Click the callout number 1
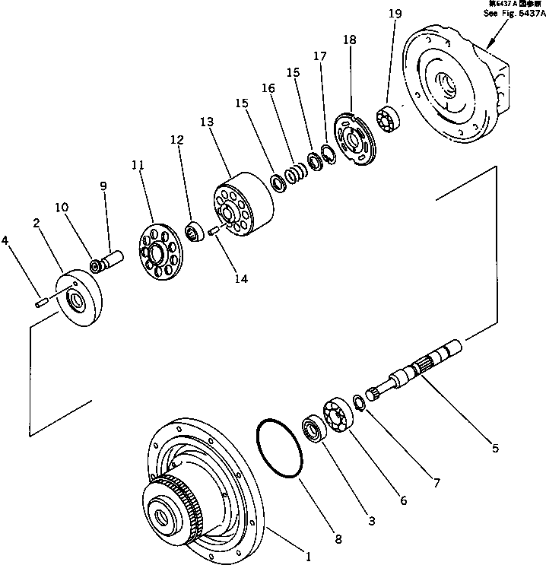point(308,556)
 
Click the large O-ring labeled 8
point(280,449)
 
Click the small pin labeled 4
point(40,304)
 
